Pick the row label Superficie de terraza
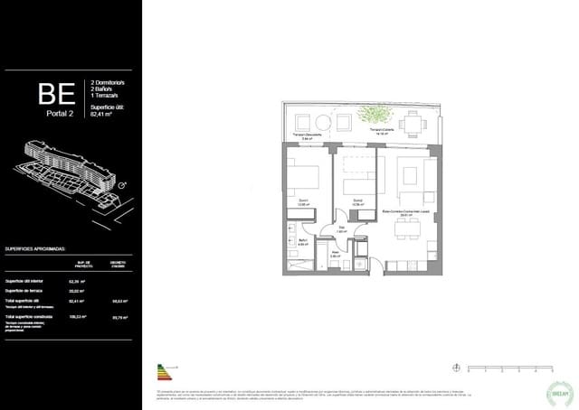24,291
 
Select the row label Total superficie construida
29,317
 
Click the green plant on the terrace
372,114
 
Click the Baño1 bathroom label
302,239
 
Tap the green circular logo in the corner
557,390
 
